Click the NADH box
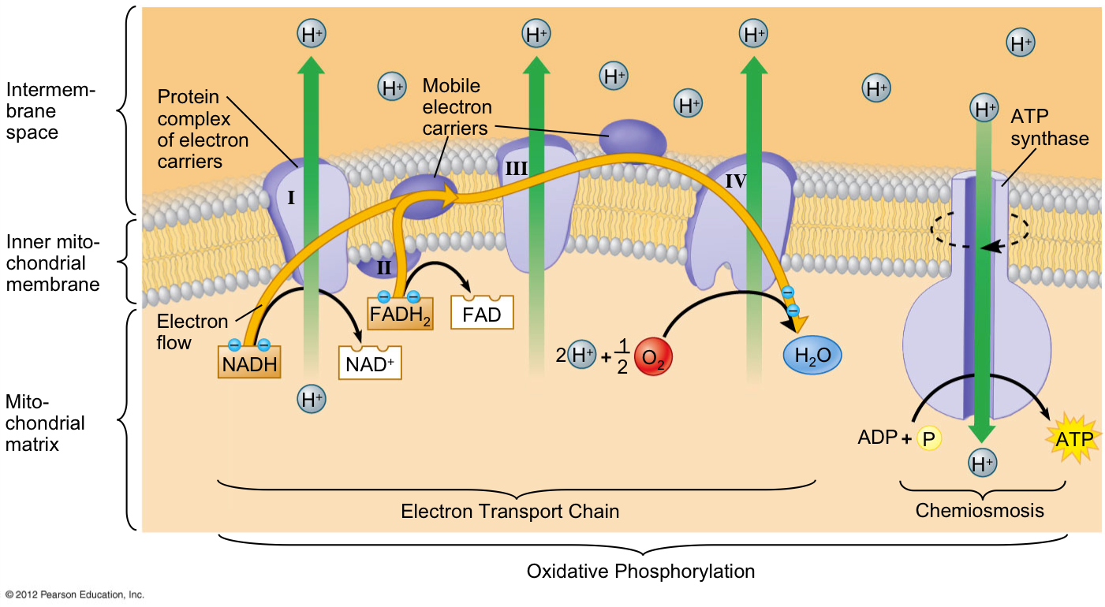point(249,362)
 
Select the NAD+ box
point(370,363)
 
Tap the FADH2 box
point(400,314)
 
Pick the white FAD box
point(482,313)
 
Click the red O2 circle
point(653,356)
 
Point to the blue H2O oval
point(812,355)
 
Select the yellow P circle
point(929,438)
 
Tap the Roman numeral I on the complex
point(291,198)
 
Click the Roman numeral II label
point(384,268)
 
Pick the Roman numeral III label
point(517,169)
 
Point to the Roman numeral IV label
point(736,181)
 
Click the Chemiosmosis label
point(980,511)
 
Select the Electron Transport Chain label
point(510,512)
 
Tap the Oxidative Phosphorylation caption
point(640,572)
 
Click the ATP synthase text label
point(1049,127)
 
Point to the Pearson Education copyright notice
point(74,594)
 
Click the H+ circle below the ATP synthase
point(982,463)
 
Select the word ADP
point(878,438)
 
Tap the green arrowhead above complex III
point(536,65)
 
